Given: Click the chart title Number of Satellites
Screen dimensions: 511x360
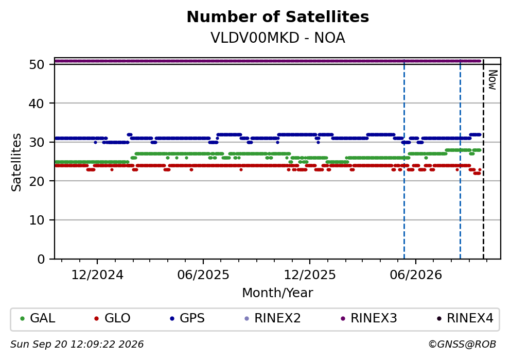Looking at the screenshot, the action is (278, 16).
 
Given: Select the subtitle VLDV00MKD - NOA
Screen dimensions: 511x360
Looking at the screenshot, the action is (278, 38).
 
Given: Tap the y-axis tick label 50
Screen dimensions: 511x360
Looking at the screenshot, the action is (37, 64).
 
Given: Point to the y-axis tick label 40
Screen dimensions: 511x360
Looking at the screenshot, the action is (37, 104).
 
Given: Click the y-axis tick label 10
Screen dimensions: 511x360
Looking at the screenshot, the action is (37, 220).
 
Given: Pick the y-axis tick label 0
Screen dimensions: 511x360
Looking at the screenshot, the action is (41, 259).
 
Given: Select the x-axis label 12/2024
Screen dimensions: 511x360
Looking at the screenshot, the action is (97, 275).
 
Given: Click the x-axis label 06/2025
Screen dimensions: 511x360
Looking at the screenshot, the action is (203, 275).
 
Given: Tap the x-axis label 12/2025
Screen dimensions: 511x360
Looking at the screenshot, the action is (310, 275).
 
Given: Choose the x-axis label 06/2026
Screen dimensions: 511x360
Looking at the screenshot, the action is (416, 275).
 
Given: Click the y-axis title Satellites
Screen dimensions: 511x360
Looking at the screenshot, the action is (16, 162).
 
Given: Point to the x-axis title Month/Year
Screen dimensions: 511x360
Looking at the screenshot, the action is (278, 293).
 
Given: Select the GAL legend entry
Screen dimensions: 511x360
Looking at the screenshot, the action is (38, 318).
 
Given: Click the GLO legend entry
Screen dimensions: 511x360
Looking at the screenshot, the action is (112, 318).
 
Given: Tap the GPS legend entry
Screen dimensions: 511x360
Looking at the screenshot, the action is (187, 318).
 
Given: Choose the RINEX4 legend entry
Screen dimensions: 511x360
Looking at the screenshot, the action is (465, 318).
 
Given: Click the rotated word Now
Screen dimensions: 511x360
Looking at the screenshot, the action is (493, 80).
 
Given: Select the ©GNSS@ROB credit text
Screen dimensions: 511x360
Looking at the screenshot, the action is (462, 345).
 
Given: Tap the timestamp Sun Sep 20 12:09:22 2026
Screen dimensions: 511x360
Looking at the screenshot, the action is (77, 345).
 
